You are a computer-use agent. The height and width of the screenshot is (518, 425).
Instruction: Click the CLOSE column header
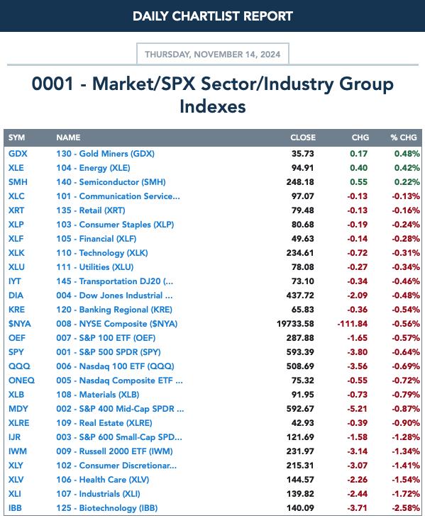tap(303, 137)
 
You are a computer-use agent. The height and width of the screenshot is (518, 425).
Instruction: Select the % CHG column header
tap(404, 137)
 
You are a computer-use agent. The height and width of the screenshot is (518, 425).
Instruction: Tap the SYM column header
tap(16, 137)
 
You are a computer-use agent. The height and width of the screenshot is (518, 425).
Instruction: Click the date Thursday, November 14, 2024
tap(213, 54)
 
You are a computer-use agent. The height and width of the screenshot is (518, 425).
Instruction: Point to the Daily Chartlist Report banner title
tap(213, 16)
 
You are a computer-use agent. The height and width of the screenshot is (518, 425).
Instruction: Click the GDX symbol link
tap(18, 154)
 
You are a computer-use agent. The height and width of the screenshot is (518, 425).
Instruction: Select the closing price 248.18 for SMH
tap(300, 182)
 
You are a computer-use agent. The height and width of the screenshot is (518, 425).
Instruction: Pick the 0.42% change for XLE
tap(407, 168)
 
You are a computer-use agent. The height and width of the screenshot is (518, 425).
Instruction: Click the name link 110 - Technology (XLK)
tap(102, 253)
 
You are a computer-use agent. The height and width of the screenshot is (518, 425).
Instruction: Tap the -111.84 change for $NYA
tap(352, 324)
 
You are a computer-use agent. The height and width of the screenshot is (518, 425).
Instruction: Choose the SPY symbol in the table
tap(16, 352)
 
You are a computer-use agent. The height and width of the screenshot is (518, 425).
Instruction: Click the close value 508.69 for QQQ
tap(300, 366)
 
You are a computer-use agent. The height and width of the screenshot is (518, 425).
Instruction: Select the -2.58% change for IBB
tap(406, 508)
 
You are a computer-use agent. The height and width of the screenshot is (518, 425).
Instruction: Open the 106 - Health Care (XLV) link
tap(103, 480)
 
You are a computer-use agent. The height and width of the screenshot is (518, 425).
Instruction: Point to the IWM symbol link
tap(18, 451)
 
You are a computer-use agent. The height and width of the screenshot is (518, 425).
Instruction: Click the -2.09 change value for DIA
tap(357, 295)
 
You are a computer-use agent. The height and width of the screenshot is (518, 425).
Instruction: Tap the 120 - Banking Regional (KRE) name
tap(114, 310)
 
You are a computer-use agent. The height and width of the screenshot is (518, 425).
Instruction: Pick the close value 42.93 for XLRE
tap(303, 423)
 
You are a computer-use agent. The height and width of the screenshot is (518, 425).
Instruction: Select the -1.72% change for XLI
tap(406, 494)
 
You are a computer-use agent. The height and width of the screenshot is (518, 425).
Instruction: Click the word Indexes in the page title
tap(213, 106)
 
